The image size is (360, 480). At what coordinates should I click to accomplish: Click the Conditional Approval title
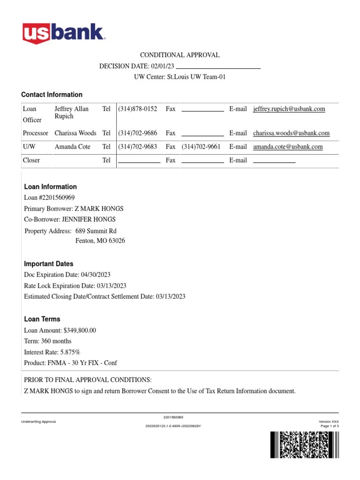[180, 55]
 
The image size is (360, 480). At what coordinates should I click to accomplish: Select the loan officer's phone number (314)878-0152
[137, 109]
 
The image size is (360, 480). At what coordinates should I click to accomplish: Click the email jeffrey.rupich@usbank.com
[289, 109]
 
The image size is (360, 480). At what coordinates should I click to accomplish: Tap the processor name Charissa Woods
[75, 133]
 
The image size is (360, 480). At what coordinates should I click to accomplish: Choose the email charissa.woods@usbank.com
[291, 133]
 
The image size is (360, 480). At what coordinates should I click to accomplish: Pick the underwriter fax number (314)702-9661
[201, 147]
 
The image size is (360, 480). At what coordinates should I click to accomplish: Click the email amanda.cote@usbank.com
[288, 147]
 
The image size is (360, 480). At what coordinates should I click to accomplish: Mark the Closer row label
[31, 160]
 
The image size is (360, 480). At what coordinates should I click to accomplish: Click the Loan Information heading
[50, 187]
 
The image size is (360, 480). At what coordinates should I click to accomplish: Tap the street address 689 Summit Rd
[96, 231]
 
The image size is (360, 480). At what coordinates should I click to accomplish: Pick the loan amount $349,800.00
[79, 330]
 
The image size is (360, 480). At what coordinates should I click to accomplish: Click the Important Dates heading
[48, 264]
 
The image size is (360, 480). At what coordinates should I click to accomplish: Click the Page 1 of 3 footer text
[330, 426]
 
